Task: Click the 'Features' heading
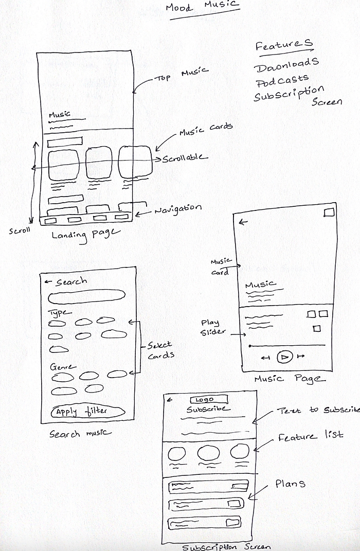coord(284,45)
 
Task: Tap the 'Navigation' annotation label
coord(178,209)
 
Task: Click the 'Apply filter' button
coord(87,412)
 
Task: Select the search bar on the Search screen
coord(86,297)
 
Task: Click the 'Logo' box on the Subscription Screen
coord(208,400)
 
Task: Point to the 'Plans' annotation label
coord(290,484)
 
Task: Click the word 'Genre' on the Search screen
coord(63,367)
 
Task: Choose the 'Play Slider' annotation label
coord(210,327)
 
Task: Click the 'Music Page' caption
coord(290,379)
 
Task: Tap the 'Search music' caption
coord(80,433)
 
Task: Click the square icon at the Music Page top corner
coord(329,212)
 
